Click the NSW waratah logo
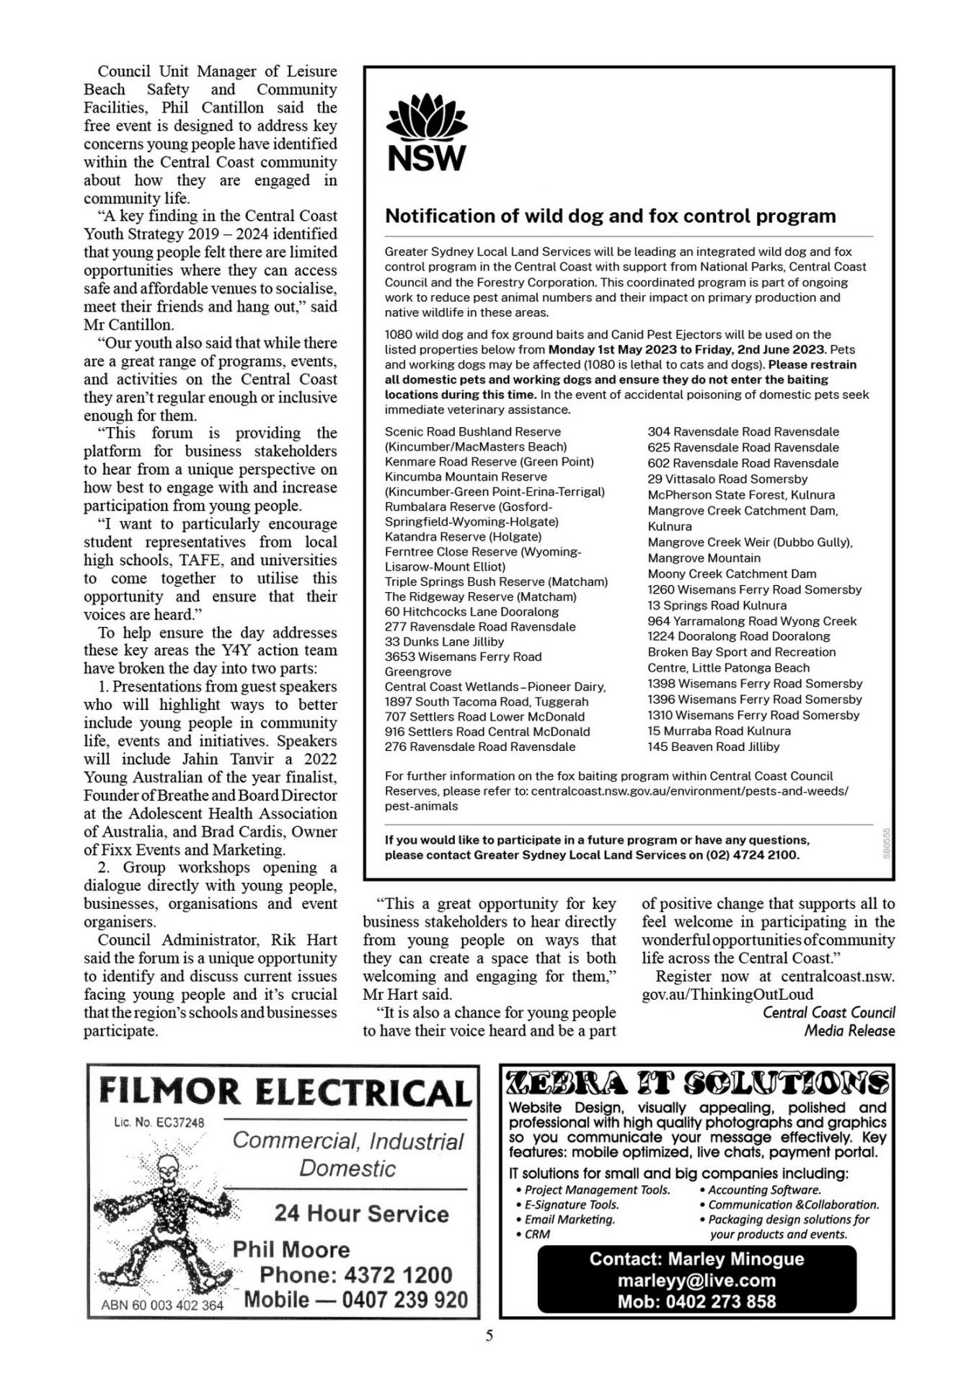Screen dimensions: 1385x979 click(427, 136)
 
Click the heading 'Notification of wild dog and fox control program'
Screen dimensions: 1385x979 click(610, 216)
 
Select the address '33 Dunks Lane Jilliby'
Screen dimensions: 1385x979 click(444, 641)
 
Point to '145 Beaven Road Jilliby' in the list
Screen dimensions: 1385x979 click(713, 747)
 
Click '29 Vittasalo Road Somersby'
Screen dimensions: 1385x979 click(727, 479)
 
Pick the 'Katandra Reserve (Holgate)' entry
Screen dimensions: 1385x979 click(463, 537)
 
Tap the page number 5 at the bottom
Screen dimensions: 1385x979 click(489, 1336)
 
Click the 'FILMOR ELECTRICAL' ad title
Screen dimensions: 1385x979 click(284, 1093)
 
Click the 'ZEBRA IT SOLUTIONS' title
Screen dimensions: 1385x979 click(696, 1083)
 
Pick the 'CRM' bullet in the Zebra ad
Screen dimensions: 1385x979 click(537, 1234)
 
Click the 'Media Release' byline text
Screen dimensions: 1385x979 click(849, 1031)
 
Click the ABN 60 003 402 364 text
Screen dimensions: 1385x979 click(162, 1305)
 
